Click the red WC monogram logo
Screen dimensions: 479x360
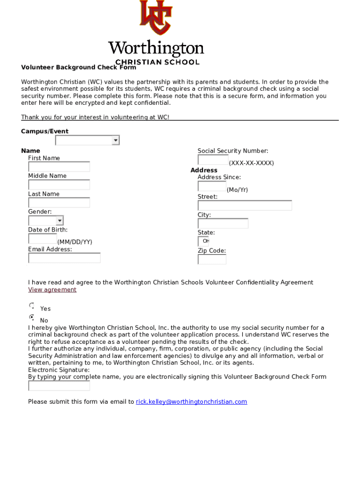tap(156, 18)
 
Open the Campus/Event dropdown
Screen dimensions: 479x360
tap(87, 140)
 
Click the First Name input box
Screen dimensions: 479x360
tap(59, 167)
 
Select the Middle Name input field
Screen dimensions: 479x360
tap(59, 185)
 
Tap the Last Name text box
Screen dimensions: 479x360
tap(59, 203)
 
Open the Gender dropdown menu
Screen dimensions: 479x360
tap(46, 221)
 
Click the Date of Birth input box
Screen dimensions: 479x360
tap(43, 239)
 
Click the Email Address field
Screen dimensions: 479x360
tap(64, 258)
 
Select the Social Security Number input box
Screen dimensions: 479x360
tap(213, 160)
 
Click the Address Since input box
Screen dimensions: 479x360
tap(212, 187)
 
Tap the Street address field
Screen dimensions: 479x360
tap(245, 205)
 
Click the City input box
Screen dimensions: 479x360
tap(223, 224)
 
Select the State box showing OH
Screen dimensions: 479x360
tap(203, 241)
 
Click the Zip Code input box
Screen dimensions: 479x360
tap(212, 259)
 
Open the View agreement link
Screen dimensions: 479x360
tap(52, 290)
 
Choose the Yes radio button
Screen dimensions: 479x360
tap(32, 305)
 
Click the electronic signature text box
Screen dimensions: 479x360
tap(59, 386)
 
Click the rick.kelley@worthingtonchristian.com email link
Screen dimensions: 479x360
tap(191, 402)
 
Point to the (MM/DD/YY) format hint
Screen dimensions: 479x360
tap(75, 242)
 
